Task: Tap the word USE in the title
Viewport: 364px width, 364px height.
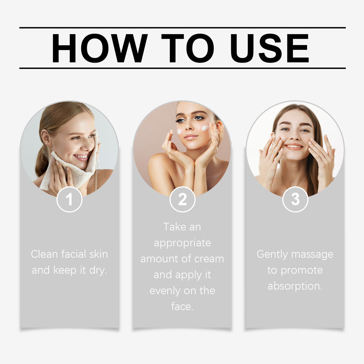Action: pyautogui.click(x=269, y=48)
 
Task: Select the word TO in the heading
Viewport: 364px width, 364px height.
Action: pyautogui.click(x=187, y=48)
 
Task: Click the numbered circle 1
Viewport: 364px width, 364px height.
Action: pyautogui.click(x=69, y=199)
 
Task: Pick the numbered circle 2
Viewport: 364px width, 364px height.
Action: pyautogui.click(x=182, y=199)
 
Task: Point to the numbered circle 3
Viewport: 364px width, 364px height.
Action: pyautogui.click(x=295, y=199)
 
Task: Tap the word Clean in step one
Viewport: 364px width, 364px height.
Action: pyautogui.click(x=44, y=254)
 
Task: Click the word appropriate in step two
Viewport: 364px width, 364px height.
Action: pyautogui.click(x=182, y=243)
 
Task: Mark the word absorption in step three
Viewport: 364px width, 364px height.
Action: pyautogui.click(x=294, y=286)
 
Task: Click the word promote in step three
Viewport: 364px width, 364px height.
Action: pyautogui.click(x=302, y=270)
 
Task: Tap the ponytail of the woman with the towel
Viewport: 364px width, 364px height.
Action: pyautogui.click(x=41, y=162)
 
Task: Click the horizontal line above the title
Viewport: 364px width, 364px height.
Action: pyautogui.click(x=182, y=28)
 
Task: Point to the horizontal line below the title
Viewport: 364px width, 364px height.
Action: pyautogui.click(x=182, y=68)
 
